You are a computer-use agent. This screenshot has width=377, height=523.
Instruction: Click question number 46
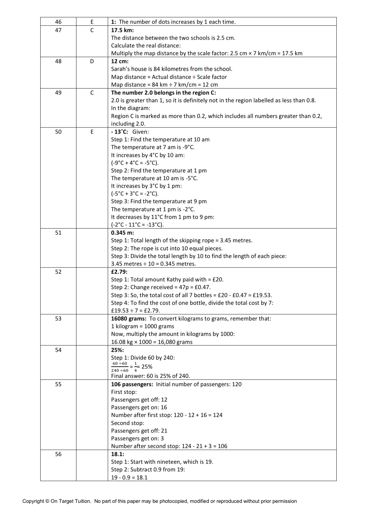click(58, 22)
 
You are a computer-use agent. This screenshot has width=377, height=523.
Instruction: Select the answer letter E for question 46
click(92, 22)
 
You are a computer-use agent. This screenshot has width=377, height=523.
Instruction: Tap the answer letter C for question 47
click(92, 30)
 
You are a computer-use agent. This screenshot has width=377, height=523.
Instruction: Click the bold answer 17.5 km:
click(122, 30)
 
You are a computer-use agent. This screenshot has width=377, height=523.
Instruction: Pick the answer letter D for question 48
click(92, 61)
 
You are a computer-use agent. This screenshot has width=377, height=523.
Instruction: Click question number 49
click(58, 93)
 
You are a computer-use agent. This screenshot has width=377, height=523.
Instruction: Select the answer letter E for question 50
click(92, 132)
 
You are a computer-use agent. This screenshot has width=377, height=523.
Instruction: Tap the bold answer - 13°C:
click(120, 132)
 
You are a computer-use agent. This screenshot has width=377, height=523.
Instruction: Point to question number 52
click(58, 272)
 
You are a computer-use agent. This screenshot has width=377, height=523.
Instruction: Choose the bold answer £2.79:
click(119, 272)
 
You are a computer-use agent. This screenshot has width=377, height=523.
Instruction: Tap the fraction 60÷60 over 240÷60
click(120, 367)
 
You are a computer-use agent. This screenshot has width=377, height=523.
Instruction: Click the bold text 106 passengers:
click(132, 384)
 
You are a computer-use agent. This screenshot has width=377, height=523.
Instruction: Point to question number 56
click(58, 454)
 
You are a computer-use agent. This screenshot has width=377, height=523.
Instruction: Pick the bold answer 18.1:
click(118, 454)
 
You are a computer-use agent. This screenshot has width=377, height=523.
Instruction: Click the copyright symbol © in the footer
click(47, 501)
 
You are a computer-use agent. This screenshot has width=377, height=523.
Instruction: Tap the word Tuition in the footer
click(83, 501)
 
